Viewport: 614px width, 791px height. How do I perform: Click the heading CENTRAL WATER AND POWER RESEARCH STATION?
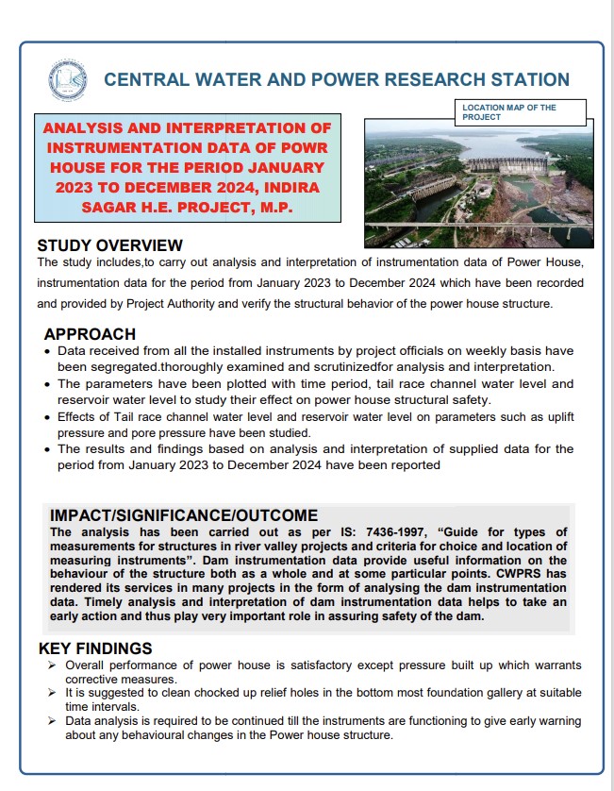[336, 80]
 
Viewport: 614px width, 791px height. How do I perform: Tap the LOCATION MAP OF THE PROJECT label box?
[520, 112]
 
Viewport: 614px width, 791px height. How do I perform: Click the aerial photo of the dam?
[478, 182]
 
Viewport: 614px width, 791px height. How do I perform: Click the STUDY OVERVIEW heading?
[109, 246]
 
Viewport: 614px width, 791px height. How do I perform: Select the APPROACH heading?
[90, 334]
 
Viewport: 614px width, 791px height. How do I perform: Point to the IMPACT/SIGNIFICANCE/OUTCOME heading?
[183, 515]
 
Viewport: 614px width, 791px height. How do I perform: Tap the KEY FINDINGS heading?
[94, 649]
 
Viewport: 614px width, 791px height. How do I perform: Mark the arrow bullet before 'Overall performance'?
[51, 665]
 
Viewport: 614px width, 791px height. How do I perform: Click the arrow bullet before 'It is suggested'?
[51, 693]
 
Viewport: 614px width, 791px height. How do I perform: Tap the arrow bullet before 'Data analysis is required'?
[51, 721]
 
